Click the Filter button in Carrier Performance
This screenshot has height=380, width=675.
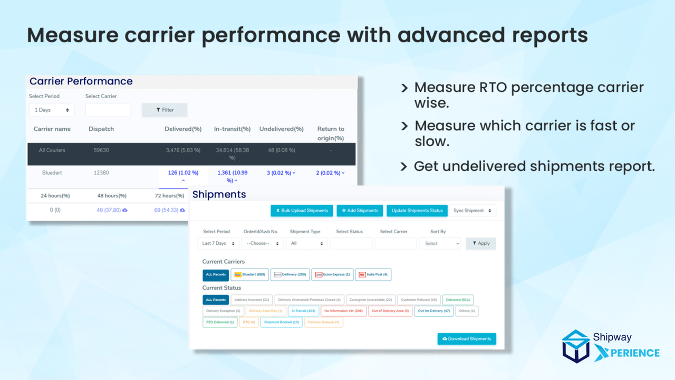(165, 110)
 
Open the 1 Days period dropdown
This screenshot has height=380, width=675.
(52, 110)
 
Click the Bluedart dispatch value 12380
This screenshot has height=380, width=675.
(101, 173)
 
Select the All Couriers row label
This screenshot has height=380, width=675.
(52, 150)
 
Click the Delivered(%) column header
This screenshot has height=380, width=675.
(183, 129)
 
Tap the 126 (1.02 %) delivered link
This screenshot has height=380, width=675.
(183, 173)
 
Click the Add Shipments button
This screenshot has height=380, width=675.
(360, 211)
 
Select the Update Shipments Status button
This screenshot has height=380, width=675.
(417, 211)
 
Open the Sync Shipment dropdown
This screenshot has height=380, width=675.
(472, 211)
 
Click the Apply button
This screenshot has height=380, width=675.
(481, 243)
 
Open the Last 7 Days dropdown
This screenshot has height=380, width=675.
(218, 243)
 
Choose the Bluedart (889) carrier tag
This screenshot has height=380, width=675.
(249, 274)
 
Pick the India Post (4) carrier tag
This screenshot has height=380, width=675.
(373, 274)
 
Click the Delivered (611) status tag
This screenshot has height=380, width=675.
(458, 300)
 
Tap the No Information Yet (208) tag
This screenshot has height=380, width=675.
(343, 311)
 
